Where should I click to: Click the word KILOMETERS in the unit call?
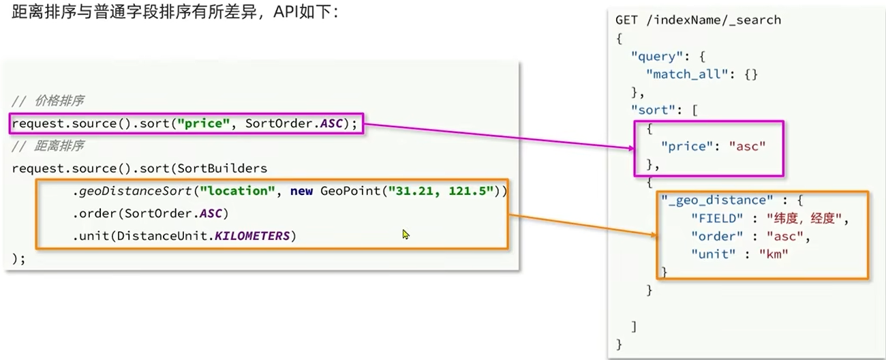(x=256, y=236)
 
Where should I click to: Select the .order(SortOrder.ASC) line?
(x=150, y=213)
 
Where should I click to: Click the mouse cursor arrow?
(x=406, y=234)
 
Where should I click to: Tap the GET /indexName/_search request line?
(x=698, y=20)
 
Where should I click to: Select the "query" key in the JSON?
(x=658, y=56)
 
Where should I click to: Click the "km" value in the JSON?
(x=774, y=254)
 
